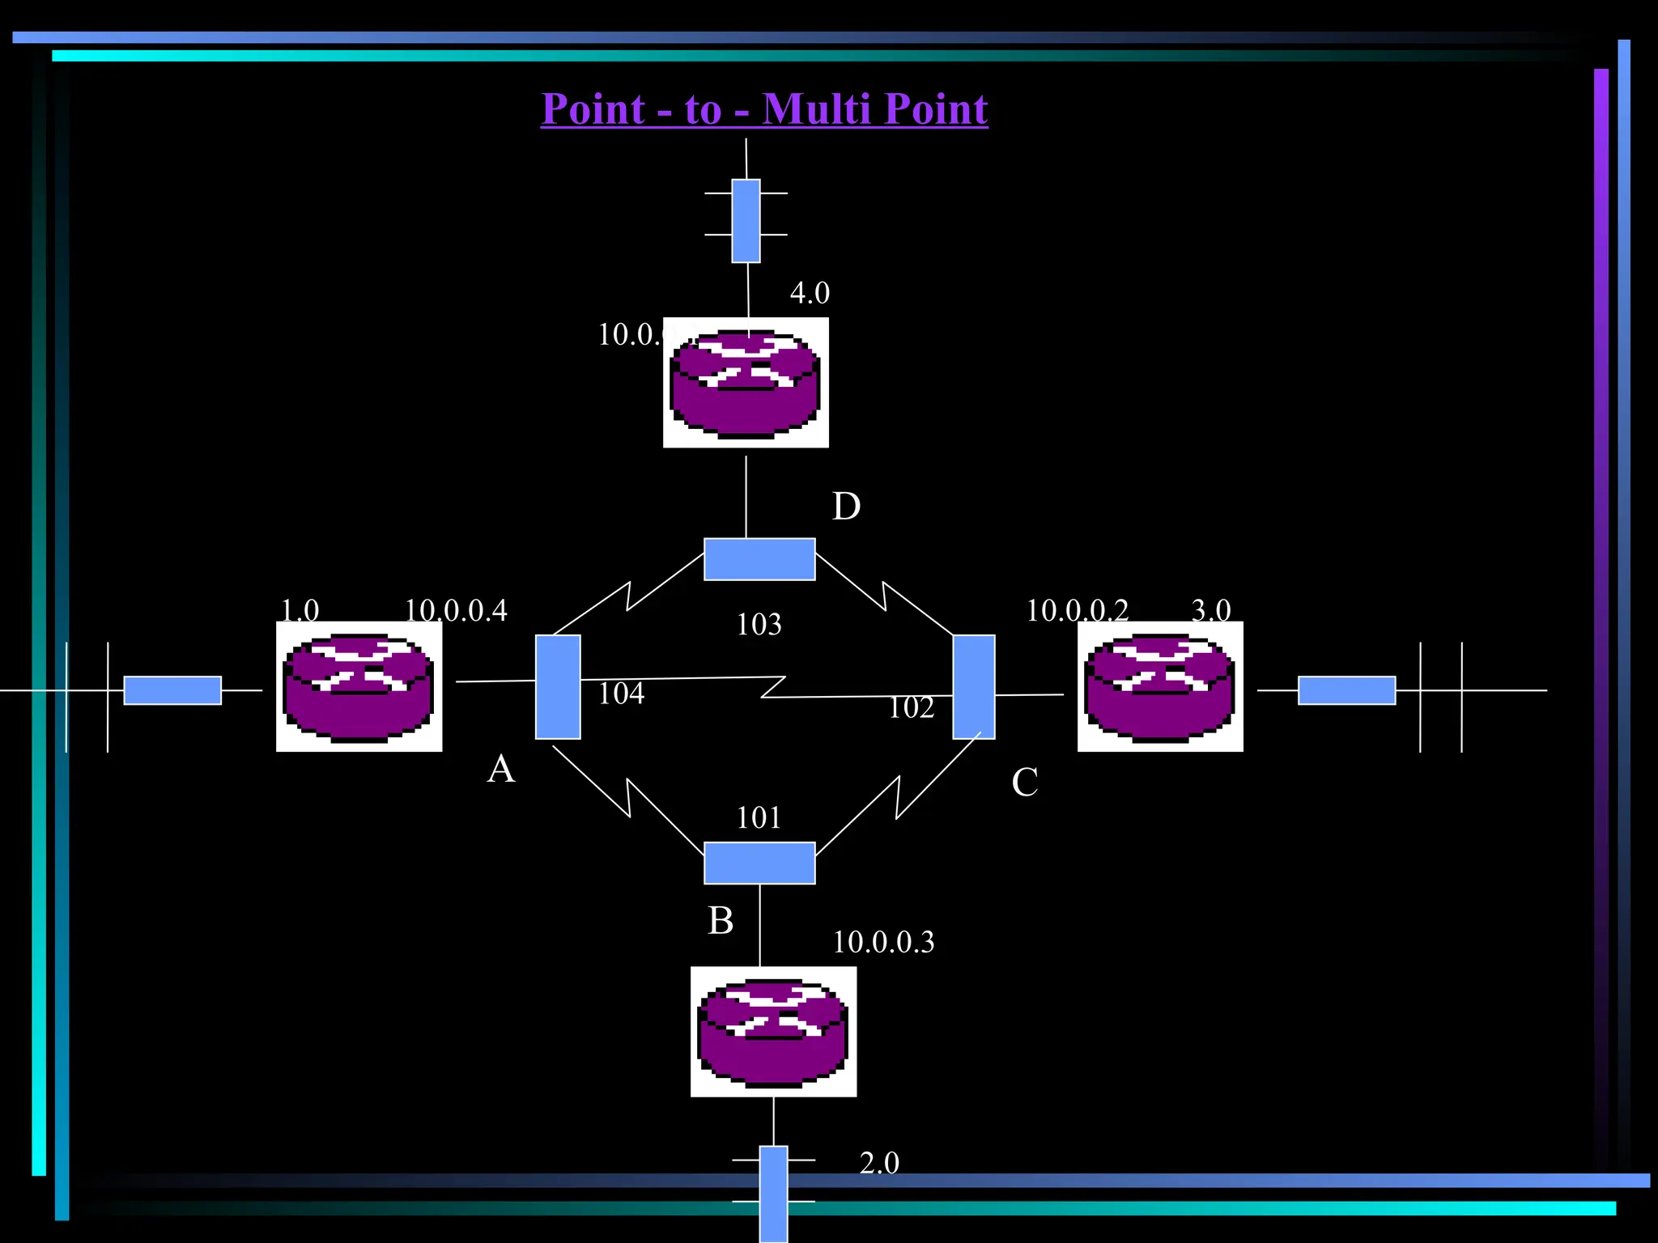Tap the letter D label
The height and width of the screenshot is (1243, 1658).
(846, 507)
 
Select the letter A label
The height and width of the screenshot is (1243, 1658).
(501, 769)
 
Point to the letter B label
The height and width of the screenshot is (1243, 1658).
(721, 921)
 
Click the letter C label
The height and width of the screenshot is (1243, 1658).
(1024, 783)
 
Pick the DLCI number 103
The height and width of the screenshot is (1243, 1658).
(759, 625)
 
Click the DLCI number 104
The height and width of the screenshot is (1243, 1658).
(621, 694)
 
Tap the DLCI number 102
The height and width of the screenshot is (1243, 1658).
(911, 708)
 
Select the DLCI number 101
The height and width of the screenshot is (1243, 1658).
(759, 818)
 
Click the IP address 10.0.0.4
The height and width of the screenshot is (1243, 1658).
(456, 610)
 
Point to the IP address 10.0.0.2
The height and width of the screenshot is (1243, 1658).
(1077, 610)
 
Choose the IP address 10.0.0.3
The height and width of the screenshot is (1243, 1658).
(883, 942)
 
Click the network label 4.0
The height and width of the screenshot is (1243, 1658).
(810, 293)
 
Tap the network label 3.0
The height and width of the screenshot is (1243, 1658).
(1211, 610)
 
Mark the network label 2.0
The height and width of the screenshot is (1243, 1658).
(879, 1163)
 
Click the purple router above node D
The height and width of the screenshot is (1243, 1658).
(746, 383)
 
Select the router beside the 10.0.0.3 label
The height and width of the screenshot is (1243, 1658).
(773, 1032)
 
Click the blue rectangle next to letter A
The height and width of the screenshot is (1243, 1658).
(558, 687)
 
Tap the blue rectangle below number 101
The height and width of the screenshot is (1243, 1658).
(759, 863)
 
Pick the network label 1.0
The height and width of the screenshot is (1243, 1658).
(300, 610)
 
